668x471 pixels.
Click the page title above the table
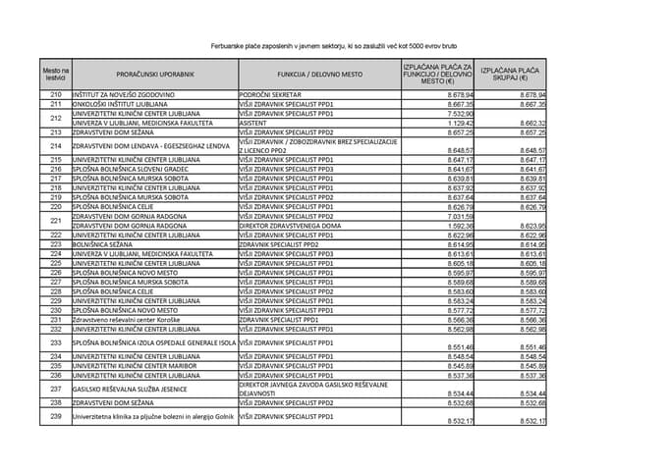point(334,46)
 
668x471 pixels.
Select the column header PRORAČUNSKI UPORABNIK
point(154,74)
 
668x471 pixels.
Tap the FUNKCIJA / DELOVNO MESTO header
point(318,74)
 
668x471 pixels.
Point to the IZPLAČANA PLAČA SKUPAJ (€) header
point(511,74)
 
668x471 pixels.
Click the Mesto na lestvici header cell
point(56,74)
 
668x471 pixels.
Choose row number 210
point(56,94)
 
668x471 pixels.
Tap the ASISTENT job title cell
point(256,123)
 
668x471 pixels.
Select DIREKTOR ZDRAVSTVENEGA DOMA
point(292,226)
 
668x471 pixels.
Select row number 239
point(56,417)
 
